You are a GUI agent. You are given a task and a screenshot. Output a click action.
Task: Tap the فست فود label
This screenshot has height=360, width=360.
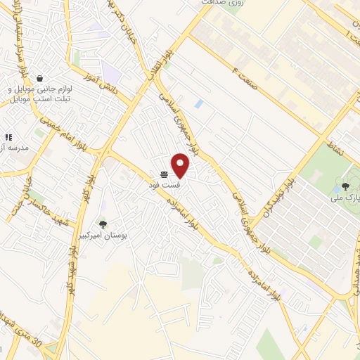point(164,185)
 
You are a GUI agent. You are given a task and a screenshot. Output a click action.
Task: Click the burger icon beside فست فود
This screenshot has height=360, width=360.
point(164,174)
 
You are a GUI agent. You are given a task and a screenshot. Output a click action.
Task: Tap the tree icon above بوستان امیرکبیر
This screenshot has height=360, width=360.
point(103,224)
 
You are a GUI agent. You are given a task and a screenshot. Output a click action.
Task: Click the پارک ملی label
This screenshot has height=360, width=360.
point(345,198)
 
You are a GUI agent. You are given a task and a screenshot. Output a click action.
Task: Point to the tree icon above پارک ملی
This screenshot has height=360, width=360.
point(345,186)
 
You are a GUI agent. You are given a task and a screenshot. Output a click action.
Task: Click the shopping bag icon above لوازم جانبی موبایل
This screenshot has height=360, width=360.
point(39,79)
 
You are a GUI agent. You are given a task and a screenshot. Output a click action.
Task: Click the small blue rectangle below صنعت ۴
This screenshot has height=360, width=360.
point(199,105)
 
